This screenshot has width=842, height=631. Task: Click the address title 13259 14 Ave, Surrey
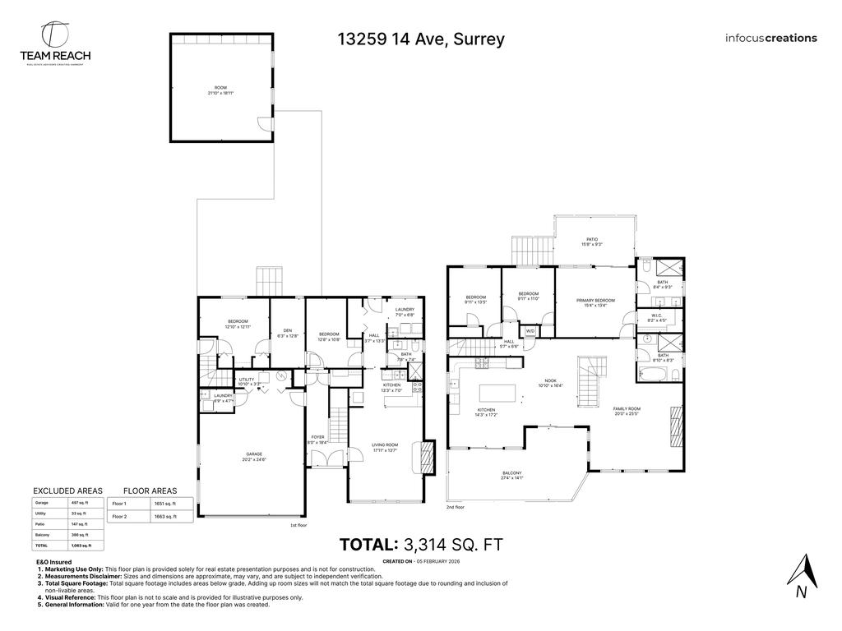(x=420, y=39)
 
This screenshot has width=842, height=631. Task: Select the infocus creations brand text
(x=770, y=38)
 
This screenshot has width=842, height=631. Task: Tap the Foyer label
(x=318, y=439)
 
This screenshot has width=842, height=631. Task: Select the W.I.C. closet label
(x=655, y=316)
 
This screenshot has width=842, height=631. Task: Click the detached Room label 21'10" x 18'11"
(x=220, y=90)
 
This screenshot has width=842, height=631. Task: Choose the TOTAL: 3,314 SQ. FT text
(x=420, y=544)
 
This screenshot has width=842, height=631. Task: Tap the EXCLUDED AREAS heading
(x=67, y=491)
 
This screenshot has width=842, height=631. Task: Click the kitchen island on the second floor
(x=499, y=392)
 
